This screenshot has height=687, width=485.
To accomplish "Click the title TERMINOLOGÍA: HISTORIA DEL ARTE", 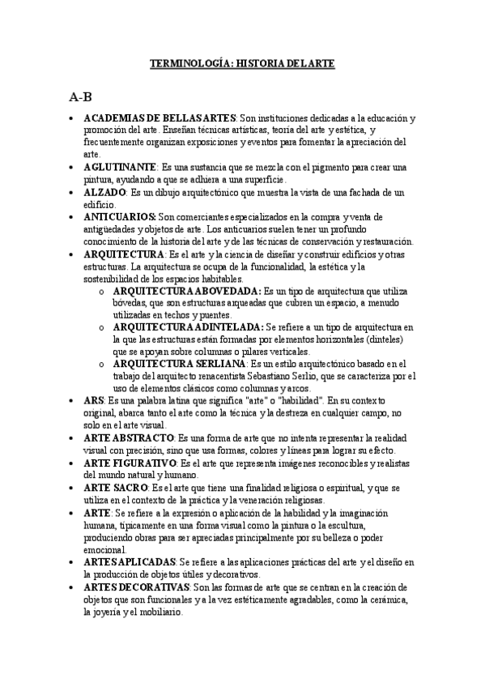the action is point(243,62).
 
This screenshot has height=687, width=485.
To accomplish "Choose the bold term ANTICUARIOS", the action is point(120,217).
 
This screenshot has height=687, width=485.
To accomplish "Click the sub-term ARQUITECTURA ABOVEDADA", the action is point(187,290).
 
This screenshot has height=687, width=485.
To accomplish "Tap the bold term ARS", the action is point(92,400).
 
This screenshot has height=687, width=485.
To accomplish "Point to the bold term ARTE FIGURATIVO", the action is point(130,462).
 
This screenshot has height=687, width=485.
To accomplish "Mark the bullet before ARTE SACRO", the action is point(73,488).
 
